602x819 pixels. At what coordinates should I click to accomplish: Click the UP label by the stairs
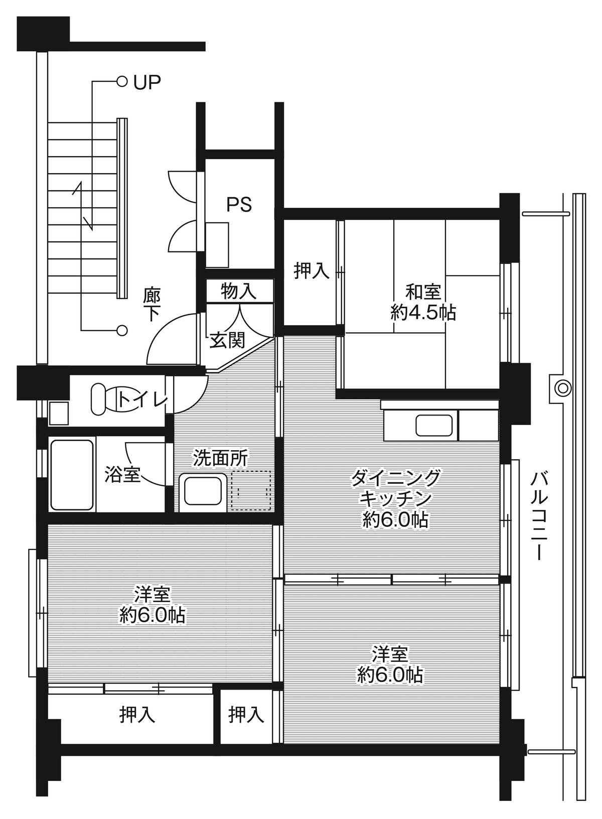click(x=147, y=82)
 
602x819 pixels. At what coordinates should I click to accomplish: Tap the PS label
click(x=239, y=204)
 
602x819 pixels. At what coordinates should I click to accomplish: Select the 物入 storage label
click(x=239, y=291)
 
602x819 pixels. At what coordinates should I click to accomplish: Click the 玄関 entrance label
click(x=227, y=340)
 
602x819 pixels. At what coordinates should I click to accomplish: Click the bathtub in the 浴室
click(x=73, y=475)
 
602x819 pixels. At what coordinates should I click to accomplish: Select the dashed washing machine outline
click(x=251, y=490)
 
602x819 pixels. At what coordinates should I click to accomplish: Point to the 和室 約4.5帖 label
click(x=423, y=302)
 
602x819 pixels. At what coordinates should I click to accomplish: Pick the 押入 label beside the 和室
click(x=311, y=271)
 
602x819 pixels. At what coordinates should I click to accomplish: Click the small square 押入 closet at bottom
click(x=246, y=715)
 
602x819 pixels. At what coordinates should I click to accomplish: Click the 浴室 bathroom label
click(x=122, y=474)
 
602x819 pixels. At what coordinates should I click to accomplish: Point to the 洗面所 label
click(x=221, y=457)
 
